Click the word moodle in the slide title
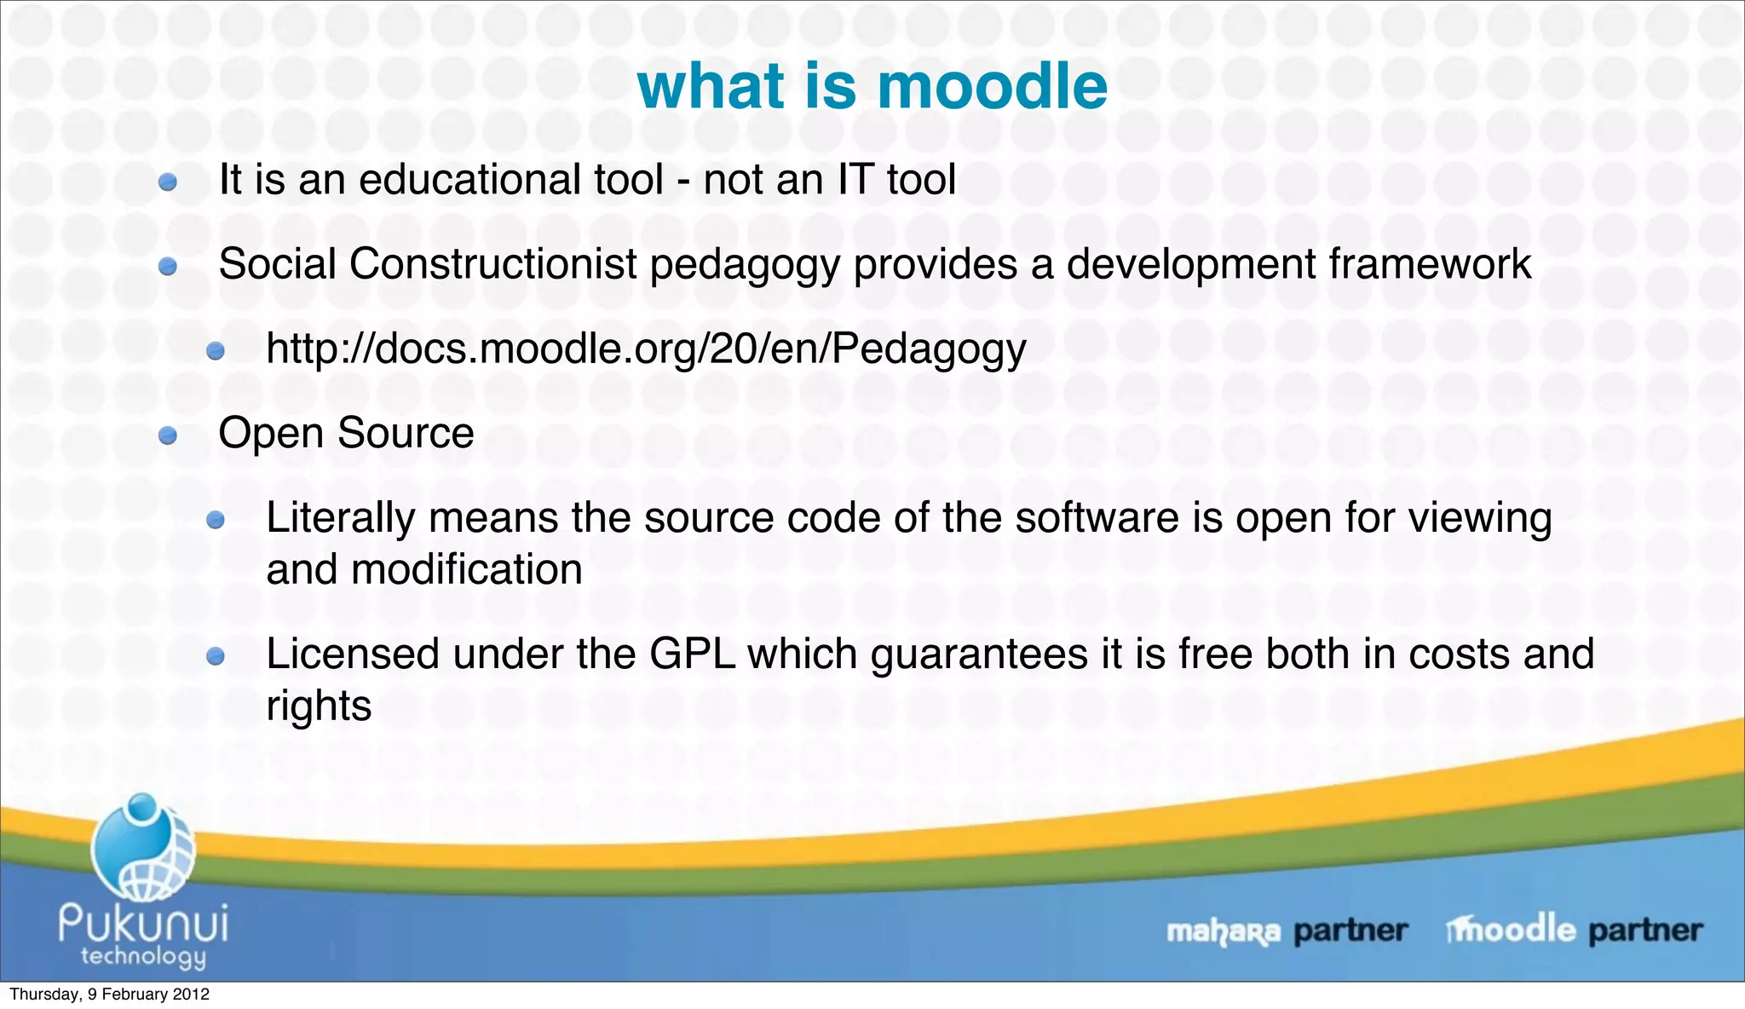(x=992, y=87)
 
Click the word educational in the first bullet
(x=510, y=180)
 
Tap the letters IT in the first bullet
(x=855, y=180)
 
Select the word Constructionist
(x=492, y=264)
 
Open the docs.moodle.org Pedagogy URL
(x=646, y=349)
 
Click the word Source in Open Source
(x=406, y=433)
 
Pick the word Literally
(x=340, y=518)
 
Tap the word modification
(x=467, y=569)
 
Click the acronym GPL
(x=692, y=654)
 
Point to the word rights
(x=319, y=706)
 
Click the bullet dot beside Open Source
(x=168, y=436)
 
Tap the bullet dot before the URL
(x=216, y=351)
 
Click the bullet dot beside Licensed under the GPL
(x=216, y=656)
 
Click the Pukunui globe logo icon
(x=143, y=848)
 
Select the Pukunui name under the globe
(x=143, y=922)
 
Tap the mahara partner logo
(x=1286, y=931)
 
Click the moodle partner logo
(x=1573, y=929)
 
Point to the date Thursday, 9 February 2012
(x=109, y=994)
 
